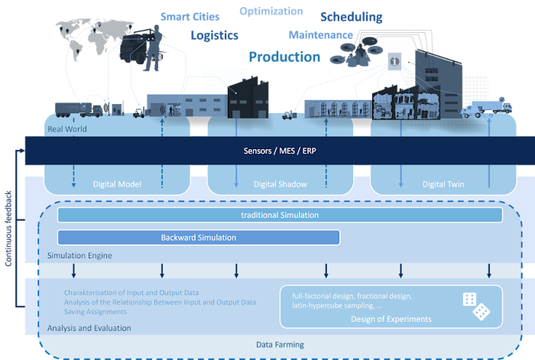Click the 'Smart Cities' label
point(190,16)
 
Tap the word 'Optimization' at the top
point(271,11)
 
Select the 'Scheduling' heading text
point(352,17)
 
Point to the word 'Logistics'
point(214,35)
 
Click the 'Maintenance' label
point(321,34)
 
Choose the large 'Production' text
point(284,57)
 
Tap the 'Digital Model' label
point(117,183)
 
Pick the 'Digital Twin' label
point(444,183)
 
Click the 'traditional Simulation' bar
point(279,216)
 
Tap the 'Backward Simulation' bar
point(199,238)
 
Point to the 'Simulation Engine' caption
point(79,255)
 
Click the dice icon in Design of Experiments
point(475,306)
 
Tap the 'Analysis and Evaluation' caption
point(89,328)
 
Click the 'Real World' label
point(67,129)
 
